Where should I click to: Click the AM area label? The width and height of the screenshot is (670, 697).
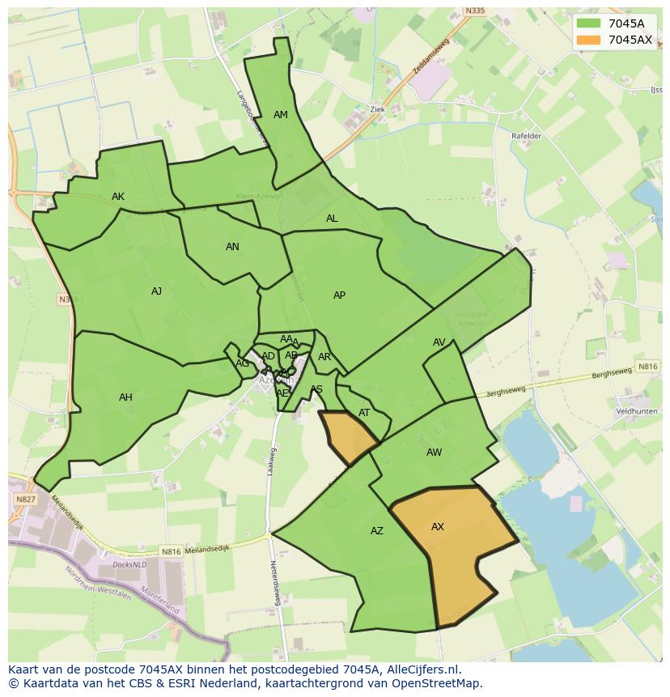[x=281, y=115]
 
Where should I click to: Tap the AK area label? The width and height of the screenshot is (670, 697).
[x=118, y=197]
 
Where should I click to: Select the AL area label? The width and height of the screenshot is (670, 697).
[x=332, y=219]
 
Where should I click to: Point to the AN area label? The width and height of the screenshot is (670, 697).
[x=232, y=247]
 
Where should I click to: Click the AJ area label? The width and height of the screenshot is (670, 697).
[x=156, y=291]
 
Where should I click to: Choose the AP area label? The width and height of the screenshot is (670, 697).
[x=339, y=295]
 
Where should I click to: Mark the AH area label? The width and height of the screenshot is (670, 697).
[x=125, y=397]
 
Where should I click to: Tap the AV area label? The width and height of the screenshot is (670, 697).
[x=439, y=342]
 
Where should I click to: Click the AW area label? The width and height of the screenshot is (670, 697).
[x=434, y=453]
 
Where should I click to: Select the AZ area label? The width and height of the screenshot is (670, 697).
[x=376, y=531]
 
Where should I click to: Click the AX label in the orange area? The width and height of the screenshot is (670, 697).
[x=437, y=527]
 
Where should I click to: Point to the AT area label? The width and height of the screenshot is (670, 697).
[x=364, y=413]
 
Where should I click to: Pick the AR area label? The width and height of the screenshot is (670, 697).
[x=324, y=357]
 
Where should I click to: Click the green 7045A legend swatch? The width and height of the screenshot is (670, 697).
[x=588, y=23]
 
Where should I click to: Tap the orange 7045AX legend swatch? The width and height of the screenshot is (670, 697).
[x=588, y=40]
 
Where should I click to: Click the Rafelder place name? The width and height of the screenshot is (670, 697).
[x=526, y=136]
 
